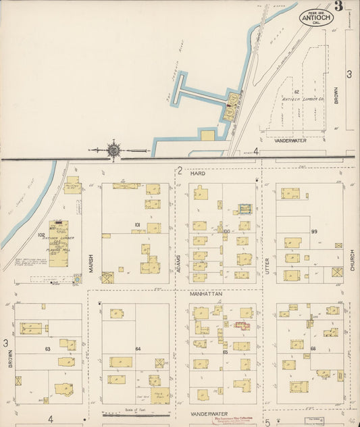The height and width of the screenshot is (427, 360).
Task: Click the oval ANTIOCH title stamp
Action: [x=315, y=17]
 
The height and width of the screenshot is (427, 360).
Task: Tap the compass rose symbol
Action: [x=113, y=149]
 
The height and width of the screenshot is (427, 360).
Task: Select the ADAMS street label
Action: [x=179, y=257]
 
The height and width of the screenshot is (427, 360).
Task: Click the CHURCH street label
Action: [x=352, y=257]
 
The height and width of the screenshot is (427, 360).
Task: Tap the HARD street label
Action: [x=197, y=174]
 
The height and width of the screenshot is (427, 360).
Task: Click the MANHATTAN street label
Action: [x=197, y=295]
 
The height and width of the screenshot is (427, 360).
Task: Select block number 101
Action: [x=136, y=225]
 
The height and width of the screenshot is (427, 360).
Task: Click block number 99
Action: [x=314, y=232]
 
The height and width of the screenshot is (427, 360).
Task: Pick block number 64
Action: [x=138, y=349]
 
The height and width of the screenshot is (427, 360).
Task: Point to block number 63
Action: [x=47, y=349]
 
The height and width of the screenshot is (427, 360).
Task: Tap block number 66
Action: [x=313, y=349]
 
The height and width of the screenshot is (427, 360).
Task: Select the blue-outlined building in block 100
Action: [x=245, y=209]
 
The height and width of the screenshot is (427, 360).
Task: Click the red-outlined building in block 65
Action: [x=242, y=326]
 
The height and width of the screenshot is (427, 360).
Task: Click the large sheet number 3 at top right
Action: [x=337, y=7]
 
